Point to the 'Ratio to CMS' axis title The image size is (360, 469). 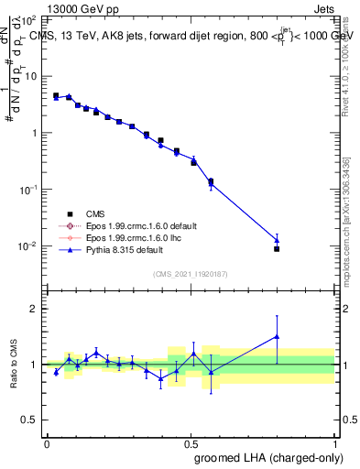pos(15,364)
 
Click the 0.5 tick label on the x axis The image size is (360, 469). pos(190,442)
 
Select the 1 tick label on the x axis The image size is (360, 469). pos(333,442)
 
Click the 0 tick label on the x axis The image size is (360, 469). pos(47,442)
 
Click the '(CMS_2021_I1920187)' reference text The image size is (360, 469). pos(190,273)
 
